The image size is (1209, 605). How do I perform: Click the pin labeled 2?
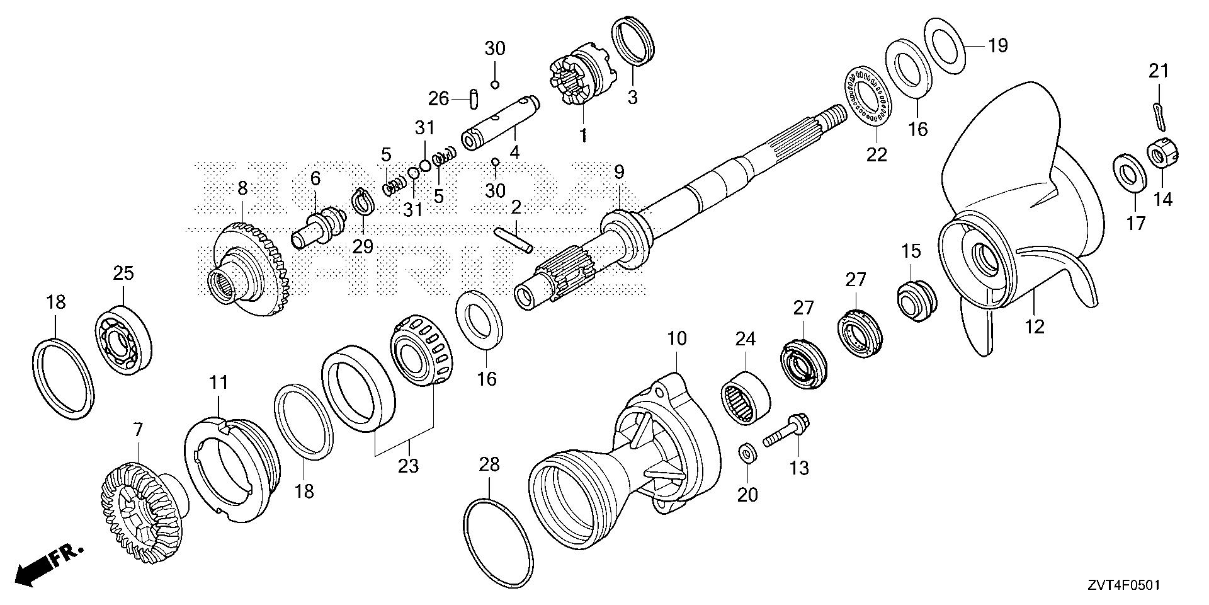[x=514, y=239]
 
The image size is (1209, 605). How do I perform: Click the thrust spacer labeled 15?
[x=916, y=300]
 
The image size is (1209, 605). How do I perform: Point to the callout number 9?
[x=618, y=171]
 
